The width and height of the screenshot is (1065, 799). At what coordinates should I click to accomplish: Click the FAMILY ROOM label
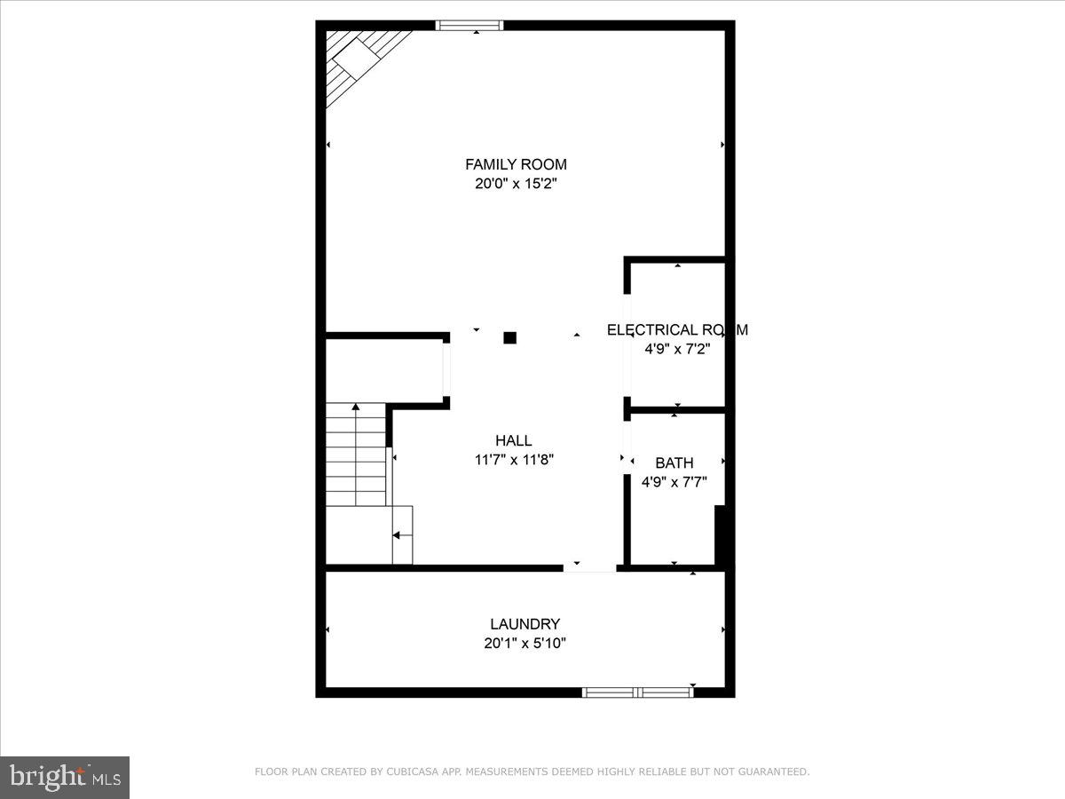(x=516, y=164)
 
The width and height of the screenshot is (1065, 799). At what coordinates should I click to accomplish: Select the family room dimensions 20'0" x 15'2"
(x=516, y=184)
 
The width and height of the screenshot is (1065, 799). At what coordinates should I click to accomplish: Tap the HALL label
(x=514, y=440)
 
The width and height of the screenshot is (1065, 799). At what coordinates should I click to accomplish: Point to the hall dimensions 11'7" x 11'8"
(x=514, y=460)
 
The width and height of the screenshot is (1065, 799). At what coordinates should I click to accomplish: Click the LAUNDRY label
(x=525, y=624)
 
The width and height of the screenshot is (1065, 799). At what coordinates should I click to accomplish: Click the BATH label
(x=674, y=463)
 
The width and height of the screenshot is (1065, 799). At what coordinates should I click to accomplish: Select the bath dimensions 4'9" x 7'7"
(x=674, y=483)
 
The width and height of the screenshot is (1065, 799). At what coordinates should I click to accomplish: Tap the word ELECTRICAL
(x=651, y=329)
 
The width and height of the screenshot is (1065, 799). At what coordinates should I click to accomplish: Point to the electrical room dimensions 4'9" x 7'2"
(x=677, y=349)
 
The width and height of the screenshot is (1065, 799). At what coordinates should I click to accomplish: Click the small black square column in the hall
(x=510, y=337)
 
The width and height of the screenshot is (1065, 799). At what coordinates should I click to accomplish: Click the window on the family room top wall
(x=469, y=25)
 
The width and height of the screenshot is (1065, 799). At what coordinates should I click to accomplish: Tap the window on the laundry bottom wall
(x=637, y=692)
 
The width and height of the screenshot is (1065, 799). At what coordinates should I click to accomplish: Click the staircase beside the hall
(x=356, y=455)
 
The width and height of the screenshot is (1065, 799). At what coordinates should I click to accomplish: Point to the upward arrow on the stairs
(x=356, y=408)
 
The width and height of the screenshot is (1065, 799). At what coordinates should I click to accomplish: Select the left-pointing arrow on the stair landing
(x=398, y=535)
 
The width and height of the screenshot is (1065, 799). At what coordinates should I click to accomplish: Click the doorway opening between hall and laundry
(x=589, y=568)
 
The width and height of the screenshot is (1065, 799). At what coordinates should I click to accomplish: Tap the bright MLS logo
(x=65, y=778)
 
